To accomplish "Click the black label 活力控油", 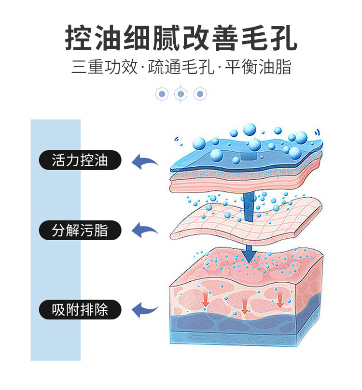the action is point(80,160).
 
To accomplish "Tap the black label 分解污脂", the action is point(80,230).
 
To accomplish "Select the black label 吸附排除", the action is point(80,310).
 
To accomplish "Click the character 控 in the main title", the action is point(80,38).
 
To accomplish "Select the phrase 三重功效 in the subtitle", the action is point(104,67).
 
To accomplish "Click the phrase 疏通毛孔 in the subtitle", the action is point(181,67).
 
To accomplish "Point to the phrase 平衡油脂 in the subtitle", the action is point(258,67).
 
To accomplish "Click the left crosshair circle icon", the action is point(162,94).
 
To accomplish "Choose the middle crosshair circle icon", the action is point(181,94).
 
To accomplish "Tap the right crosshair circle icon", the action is point(200,94).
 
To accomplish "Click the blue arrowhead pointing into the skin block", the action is point(249,255).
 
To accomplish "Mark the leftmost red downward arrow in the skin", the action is point(205,299).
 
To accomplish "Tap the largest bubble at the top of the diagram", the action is point(250,130).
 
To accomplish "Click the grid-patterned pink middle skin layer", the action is point(246,221).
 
